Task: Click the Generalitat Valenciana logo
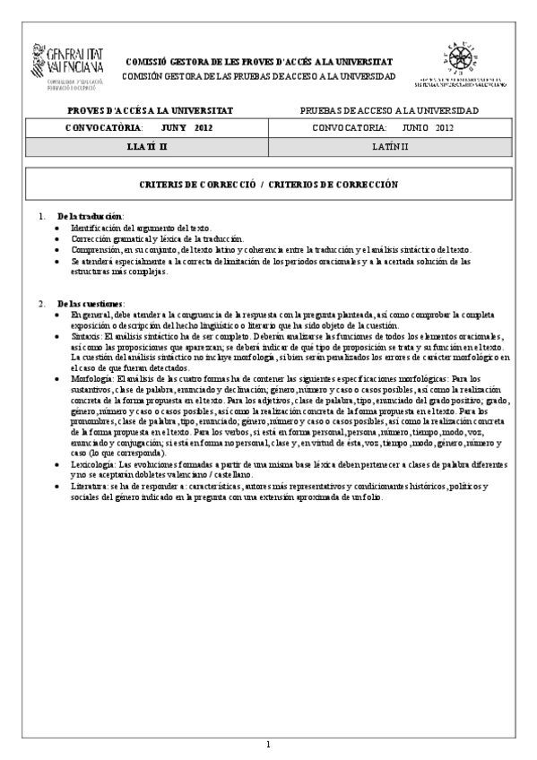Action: (68, 65)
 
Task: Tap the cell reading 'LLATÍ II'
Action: (148, 144)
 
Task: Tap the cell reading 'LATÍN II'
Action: (392, 144)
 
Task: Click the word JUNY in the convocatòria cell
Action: (167, 127)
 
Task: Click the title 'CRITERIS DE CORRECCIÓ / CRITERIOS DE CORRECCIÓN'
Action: (269, 184)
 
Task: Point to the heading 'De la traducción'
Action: (91, 217)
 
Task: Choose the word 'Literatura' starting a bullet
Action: (91, 486)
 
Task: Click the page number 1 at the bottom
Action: (268, 745)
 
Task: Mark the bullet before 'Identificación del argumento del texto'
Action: (58, 229)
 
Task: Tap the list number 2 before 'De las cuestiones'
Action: (41, 304)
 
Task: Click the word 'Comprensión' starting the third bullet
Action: (97, 250)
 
